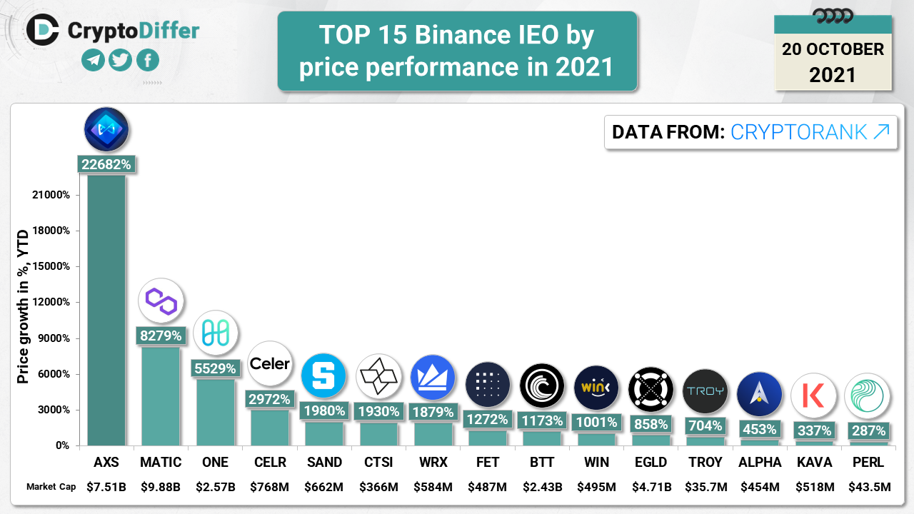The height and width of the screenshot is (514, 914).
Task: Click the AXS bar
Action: click(106, 311)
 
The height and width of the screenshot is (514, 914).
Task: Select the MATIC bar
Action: click(161, 395)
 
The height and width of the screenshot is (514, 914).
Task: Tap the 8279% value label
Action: click(161, 336)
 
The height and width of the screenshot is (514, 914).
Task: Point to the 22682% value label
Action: click(106, 164)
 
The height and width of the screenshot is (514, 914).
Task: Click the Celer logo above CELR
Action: click(270, 364)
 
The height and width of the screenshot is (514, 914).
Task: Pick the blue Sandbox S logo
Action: click(323, 376)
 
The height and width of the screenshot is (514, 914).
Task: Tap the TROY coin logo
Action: click(705, 391)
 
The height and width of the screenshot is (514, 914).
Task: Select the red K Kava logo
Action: click(813, 395)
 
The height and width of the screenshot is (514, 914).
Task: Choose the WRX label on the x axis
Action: click(433, 463)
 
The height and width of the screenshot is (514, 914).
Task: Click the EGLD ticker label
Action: click(651, 463)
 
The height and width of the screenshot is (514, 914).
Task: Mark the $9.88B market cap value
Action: click(161, 487)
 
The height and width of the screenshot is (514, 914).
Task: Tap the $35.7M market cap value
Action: click(705, 487)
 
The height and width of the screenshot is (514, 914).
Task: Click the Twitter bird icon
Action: click(121, 61)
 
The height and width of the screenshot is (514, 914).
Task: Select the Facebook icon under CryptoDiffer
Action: click(148, 61)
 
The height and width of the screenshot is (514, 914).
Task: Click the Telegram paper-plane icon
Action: click(94, 61)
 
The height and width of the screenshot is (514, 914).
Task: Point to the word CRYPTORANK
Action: click(799, 132)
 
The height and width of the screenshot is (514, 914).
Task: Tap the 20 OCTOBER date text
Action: click(833, 49)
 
